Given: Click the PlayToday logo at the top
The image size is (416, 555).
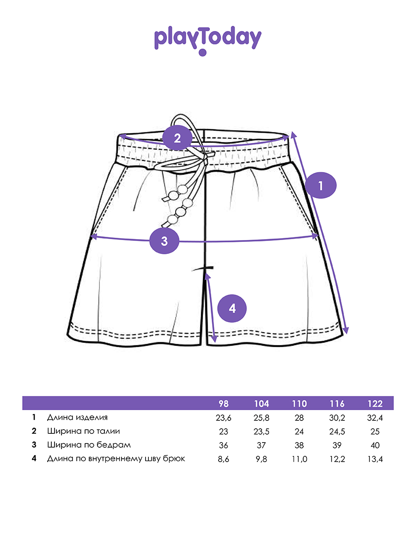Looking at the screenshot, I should (208, 39).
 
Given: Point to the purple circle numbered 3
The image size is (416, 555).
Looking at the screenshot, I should (165, 241).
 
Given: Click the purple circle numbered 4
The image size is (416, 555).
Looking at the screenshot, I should (232, 308).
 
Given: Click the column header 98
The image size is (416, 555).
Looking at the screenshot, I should (223, 404).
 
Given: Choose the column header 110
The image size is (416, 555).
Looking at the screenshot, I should (299, 404).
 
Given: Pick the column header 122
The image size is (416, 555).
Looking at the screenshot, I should (375, 404).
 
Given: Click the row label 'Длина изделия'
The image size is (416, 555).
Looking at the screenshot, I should (77, 418).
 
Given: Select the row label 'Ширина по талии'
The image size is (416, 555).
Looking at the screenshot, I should (83, 432).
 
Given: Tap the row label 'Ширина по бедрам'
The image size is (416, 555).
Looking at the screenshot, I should (89, 445).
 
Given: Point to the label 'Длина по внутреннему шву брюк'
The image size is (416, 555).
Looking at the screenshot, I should (116, 459).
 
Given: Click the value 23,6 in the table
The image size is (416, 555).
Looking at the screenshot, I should (223, 418).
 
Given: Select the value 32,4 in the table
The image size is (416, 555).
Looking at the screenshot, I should (375, 418).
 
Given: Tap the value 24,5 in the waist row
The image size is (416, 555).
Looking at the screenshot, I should (337, 432).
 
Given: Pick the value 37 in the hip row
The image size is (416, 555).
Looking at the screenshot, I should (261, 445).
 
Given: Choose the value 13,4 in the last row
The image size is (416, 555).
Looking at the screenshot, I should (375, 459).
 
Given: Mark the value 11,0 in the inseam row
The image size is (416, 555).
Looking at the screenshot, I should (299, 459).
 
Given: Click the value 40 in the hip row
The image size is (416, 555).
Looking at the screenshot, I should (375, 445).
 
